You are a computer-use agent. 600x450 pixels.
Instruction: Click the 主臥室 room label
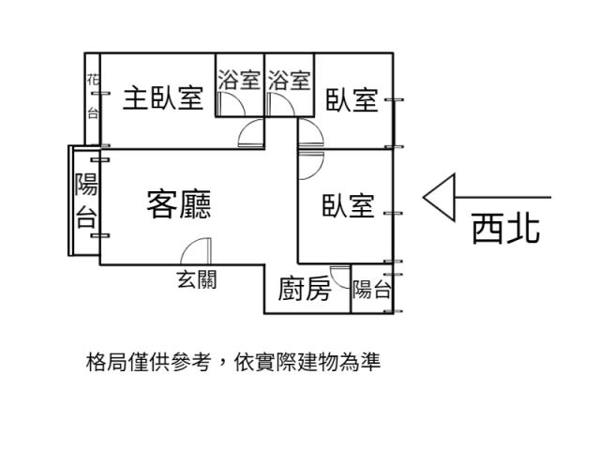click(164, 98)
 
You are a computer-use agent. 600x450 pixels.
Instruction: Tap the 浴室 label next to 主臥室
click(239, 80)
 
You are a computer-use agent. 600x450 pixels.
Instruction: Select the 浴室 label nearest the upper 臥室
click(289, 80)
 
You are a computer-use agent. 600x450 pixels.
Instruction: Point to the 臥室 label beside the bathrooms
click(352, 99)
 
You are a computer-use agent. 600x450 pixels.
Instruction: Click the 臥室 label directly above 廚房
click(348, 206)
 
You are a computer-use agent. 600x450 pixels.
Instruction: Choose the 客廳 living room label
click(178, 203)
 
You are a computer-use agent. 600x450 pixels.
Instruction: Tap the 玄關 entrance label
click(197, 279)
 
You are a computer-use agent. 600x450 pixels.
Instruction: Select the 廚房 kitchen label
click(305, 290)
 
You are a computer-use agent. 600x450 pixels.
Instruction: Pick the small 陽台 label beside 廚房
click(372, 290)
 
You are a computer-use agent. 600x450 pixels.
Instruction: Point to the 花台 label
click(93, 97)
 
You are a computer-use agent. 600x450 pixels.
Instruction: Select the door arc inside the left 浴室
click(251, 136)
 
